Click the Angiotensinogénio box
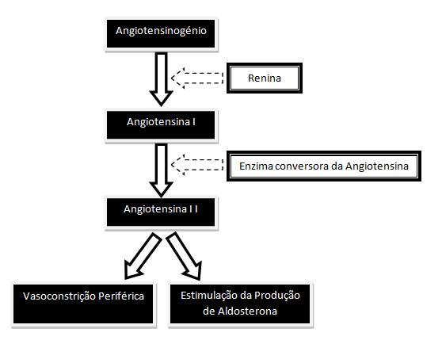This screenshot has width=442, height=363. [161, 33]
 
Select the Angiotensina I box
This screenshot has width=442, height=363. [161, 124]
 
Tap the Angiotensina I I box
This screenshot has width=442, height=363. [161, 212]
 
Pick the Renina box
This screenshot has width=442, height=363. [265, 78]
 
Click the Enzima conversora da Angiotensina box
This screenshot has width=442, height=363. [324, 166]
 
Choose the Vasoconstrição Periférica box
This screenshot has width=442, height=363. [83, 304]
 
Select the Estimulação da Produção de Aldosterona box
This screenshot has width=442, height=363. [240, 304]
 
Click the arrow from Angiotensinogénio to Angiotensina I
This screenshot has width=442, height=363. [161, 79]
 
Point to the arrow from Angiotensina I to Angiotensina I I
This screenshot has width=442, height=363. [161, 170]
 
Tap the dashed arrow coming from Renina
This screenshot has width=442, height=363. [197, 78]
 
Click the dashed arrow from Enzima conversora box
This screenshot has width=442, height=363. [197, 165]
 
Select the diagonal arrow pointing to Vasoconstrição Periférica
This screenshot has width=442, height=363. [143, 255]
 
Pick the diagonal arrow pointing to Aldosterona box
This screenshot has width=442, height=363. [184, 256]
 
